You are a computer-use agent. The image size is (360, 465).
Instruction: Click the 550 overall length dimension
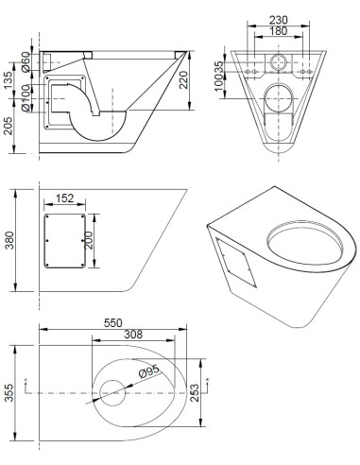[113, 323]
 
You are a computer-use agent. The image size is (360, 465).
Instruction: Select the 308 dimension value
[133, 335]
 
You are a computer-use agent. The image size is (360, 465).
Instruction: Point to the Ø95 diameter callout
[148, 371]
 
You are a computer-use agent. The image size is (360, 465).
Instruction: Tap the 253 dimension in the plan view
[195, 392]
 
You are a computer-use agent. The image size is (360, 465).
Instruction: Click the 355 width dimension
[9, 392]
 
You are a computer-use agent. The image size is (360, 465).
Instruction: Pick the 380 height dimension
[9, 240]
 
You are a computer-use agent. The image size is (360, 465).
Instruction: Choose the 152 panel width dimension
[64, 198]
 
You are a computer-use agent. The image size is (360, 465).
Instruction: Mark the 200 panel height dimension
[89, 240]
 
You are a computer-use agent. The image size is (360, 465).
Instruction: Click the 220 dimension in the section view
[183, 80]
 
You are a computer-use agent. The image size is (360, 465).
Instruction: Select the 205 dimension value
[8, 126]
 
